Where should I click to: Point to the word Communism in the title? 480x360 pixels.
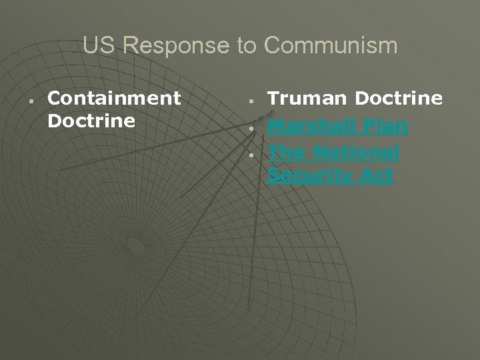point(331,46)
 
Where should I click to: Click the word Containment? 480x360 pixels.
point(115,99)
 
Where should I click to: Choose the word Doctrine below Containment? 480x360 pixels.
point(91,122)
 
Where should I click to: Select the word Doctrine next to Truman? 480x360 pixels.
point(399,99)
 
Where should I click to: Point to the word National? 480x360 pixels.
point(357,153)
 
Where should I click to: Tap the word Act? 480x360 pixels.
point(377,176)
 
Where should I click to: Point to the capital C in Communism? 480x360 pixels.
point(273,46)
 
